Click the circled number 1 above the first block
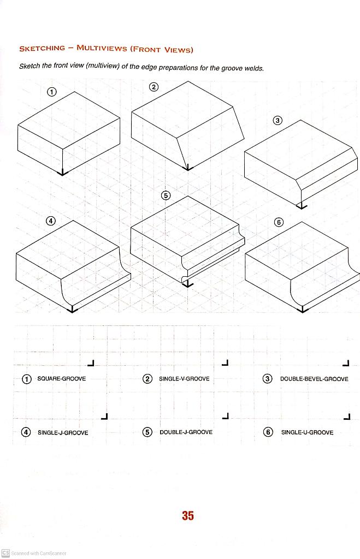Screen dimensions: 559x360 tap(51, 92)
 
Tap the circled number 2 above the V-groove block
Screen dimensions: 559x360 tap(154, 87)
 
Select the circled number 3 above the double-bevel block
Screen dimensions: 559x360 tap(278, 120)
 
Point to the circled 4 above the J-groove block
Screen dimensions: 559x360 tap(51, 221)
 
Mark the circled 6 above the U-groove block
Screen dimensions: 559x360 tap(279, 222)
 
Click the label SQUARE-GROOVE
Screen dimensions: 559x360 tap(61, 378)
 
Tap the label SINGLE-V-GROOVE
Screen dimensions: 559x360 tap(184, 378)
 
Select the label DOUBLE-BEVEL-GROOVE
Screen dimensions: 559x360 tap(314, 378)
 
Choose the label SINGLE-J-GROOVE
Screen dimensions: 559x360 tap(63, 432)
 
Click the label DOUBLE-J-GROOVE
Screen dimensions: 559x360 tap(186, 432)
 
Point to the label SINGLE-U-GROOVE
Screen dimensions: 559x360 tap(307, 432)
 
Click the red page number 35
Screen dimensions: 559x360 tap(188, 515)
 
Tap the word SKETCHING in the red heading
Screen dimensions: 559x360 tap(42, 49)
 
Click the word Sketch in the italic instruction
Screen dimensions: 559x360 tap(29, 67)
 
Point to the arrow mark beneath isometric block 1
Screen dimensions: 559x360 tap(63, 173)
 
